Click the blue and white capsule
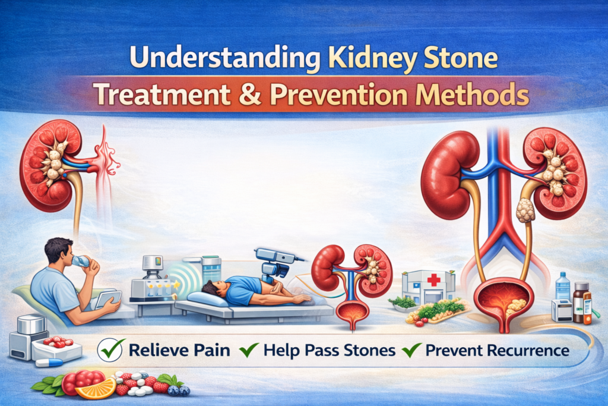(x=49, y=363)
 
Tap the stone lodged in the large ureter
(x=525, y=210)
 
